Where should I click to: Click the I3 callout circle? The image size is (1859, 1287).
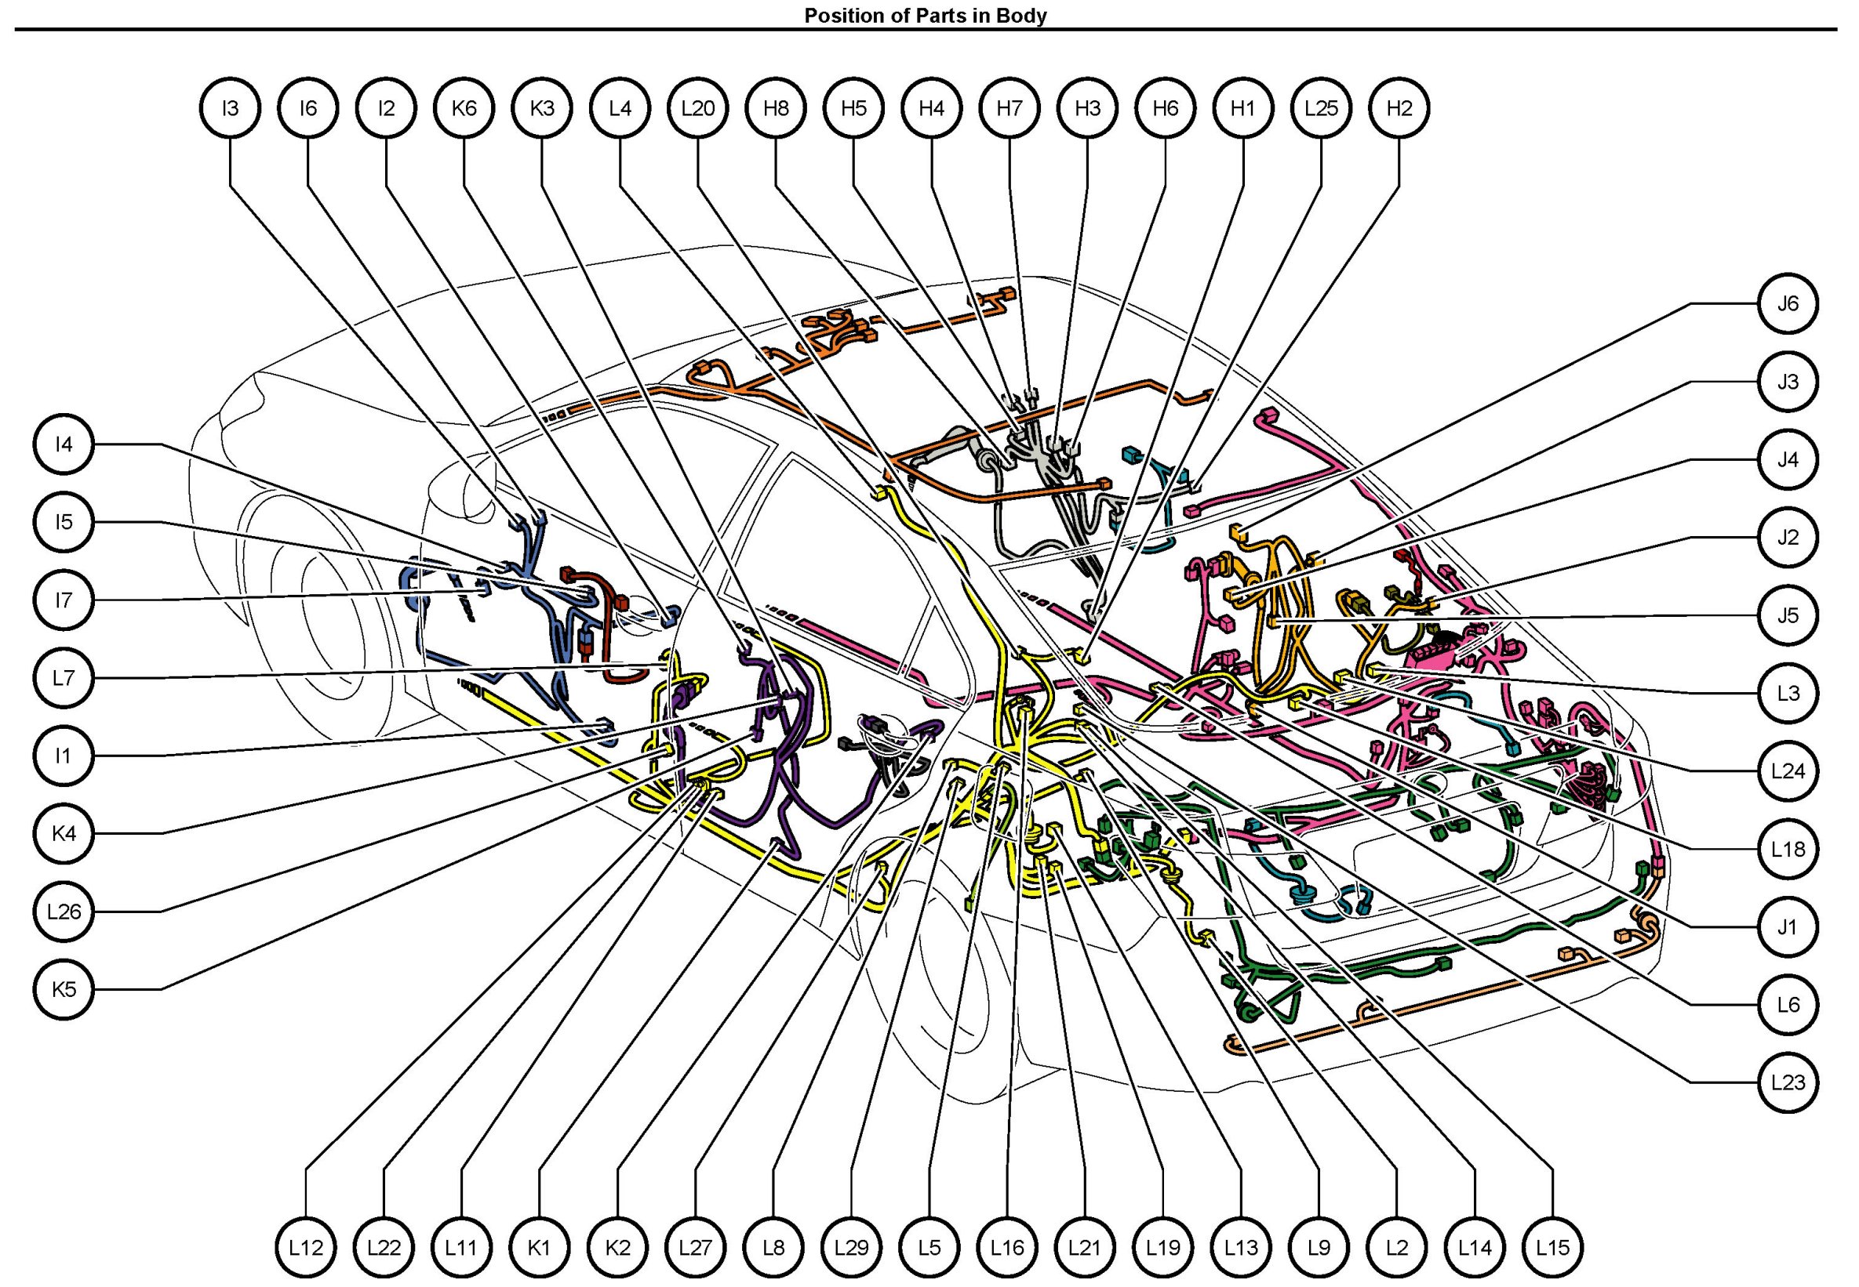pos(230,108)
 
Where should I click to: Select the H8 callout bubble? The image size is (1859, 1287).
pos(776,108)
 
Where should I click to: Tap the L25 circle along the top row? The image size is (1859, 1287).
pos(1321,108)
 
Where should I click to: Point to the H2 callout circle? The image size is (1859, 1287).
pos(1399,108)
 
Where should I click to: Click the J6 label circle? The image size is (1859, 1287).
pos(1788,304)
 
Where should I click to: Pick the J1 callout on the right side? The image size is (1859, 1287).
pos(1788,927)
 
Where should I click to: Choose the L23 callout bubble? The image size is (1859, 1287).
pos(1788,1083)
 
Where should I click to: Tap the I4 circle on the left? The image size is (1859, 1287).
pos(64,444)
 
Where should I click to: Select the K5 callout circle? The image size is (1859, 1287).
pos(64,989)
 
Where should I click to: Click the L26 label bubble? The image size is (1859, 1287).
pos(64,912)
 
